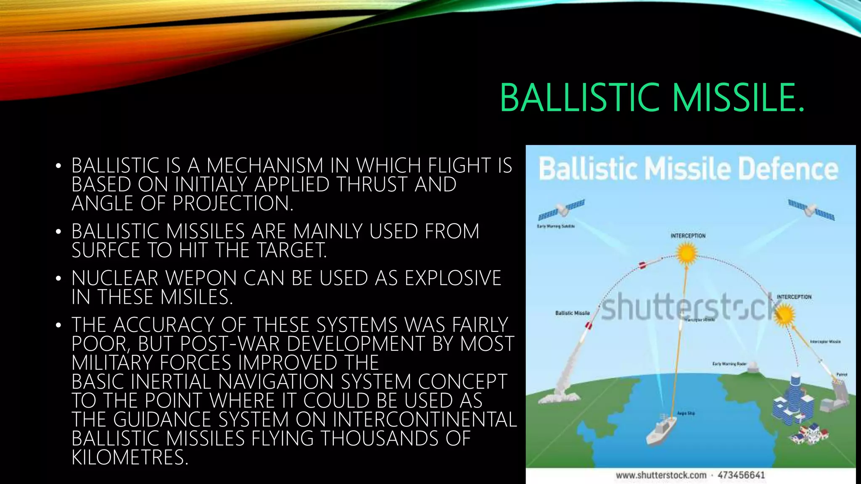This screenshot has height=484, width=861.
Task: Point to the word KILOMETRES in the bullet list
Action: click(129, 457)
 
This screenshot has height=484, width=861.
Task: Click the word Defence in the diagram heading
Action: click(788, 169)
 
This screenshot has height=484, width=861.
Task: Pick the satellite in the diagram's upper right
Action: click(811, 210)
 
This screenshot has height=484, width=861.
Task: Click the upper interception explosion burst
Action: click(687, 253)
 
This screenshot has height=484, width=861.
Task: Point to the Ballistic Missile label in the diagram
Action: click(572, 313)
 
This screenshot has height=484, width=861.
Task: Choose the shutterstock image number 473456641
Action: click(741, 475)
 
